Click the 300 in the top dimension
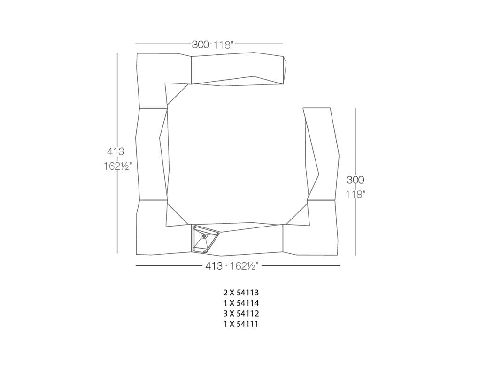point(200,45)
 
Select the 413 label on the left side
point(116,151)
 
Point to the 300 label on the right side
point(355,180)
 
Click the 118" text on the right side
point(355,194)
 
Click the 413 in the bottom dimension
point(213,266)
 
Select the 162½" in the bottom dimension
point(244,266)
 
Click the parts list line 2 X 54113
point(241,293)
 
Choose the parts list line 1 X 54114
point(241,303)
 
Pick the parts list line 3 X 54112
point(241,313)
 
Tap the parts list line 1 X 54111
point(241,324)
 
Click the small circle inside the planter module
point(204,236)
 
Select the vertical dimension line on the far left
point(117,152)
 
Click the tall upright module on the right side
point(322,152)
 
